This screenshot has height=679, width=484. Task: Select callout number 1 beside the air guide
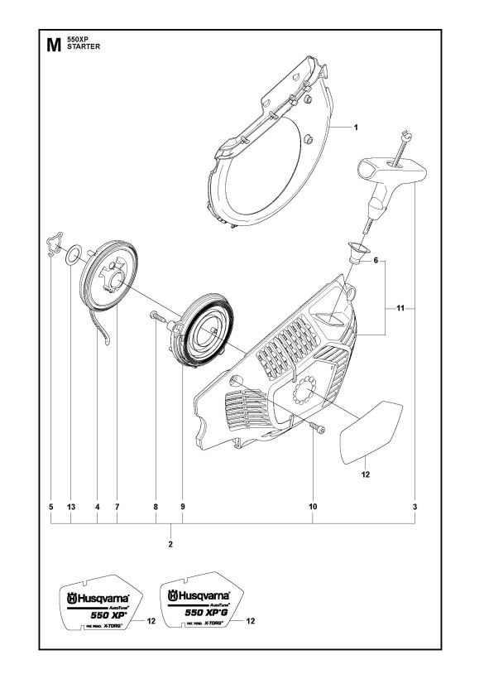(x=355, y=128)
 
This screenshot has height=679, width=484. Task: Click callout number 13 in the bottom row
(x=71, y=506)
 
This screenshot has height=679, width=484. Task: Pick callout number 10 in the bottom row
(x=314, y=506)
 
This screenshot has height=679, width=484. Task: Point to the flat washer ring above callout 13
(x=72, y=252)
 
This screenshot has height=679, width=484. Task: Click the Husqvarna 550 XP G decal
(x=199, y=608)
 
